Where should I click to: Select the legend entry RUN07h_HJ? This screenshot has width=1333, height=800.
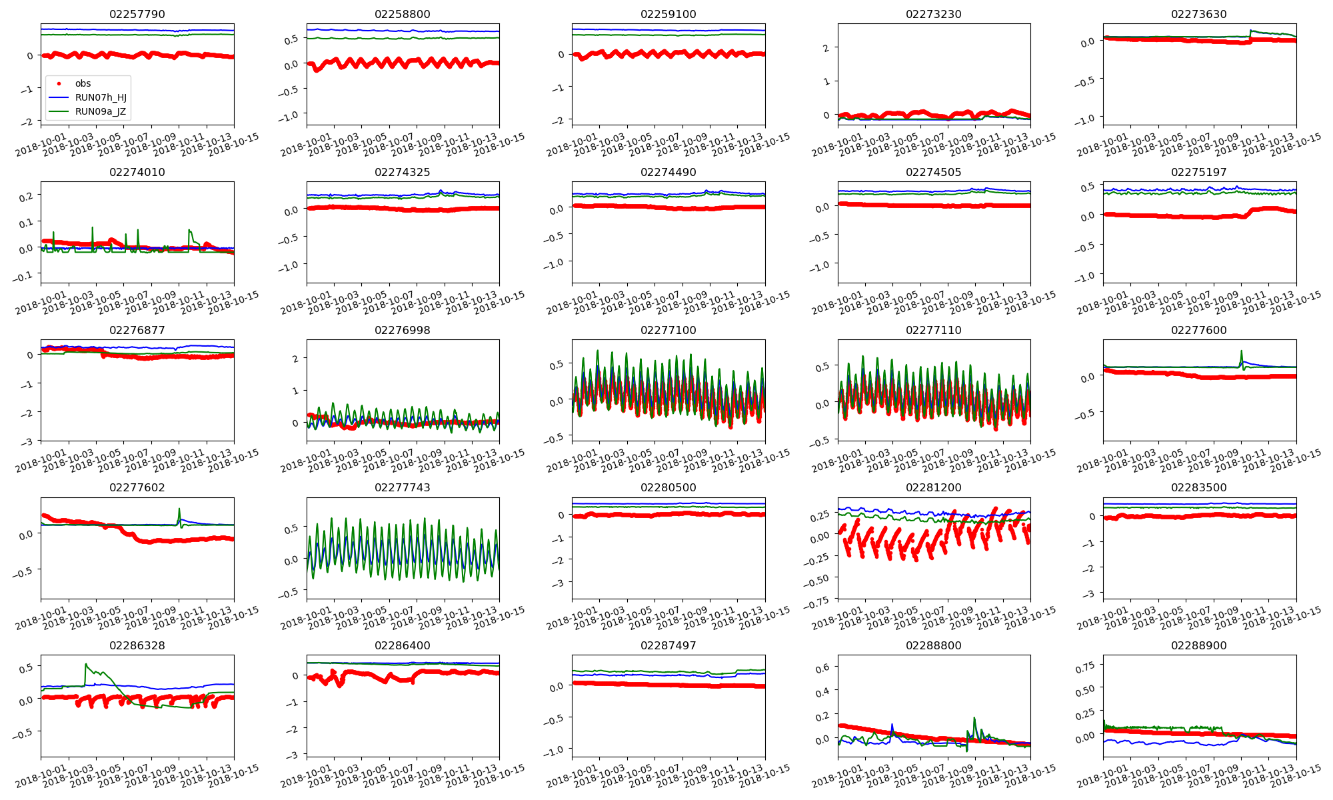[x=101, y=97]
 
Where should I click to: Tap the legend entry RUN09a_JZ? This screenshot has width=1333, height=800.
[x=100, y=111]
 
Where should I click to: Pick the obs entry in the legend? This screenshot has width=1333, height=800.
[x=83, y=83]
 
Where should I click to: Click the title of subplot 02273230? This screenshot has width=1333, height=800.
[x=933, y=15]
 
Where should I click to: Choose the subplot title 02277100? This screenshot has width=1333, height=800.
[x=668, y=331]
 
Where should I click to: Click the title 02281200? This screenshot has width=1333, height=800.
[x=933, y=488]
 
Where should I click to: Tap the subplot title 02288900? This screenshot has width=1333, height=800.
[x=1198, y=646]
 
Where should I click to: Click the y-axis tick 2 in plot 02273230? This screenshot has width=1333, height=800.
[x=826, y=48]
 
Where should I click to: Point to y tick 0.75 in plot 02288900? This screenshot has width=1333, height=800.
[x=1086, y=665]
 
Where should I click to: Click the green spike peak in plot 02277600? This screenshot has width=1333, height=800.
[x=1241, y=351]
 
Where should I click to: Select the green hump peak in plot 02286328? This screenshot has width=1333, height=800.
[x=86, y=664]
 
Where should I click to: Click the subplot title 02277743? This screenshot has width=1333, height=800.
[x=402, y=488]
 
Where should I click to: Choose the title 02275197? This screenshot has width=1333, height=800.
[x=1198, y=173]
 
